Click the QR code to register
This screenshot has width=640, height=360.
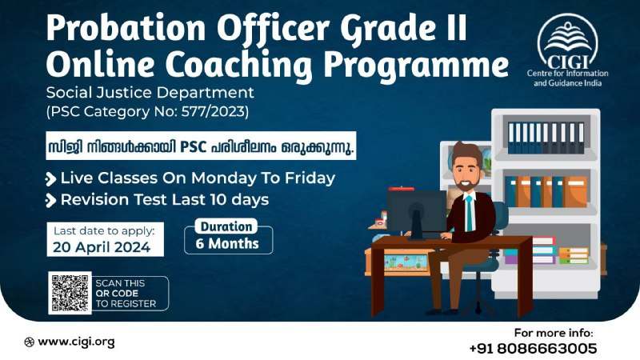70,293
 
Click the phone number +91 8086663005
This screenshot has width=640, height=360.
533,348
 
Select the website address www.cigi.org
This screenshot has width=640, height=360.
76,342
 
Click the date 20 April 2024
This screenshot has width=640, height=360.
102,247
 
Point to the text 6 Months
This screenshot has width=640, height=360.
227,244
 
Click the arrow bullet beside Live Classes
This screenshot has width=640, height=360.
50,178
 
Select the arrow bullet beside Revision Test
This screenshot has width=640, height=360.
50,201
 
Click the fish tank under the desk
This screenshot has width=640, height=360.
406,262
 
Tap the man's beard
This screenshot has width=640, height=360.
466,184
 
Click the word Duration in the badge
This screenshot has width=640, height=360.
226,226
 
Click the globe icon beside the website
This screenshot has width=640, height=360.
29,342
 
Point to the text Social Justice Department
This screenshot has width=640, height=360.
150,93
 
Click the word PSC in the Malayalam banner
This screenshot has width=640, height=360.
193,146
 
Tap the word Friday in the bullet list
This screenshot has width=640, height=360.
310,178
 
